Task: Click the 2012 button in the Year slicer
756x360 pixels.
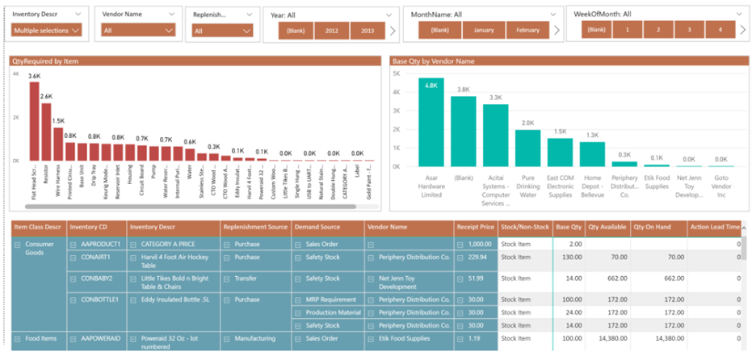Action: pos(331,30)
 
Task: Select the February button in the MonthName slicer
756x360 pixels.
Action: pos(527,30)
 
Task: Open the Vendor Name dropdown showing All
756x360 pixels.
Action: pos(138,31)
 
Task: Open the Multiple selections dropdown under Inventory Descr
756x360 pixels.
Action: pos(47,31)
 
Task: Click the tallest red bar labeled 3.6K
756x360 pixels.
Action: pos(34,121)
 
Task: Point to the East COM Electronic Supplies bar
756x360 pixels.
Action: pos(560,152)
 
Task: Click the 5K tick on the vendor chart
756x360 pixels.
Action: pos(397,73)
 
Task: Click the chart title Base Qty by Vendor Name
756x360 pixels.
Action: pos(432,61)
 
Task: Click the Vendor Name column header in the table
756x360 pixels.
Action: pos(388,227)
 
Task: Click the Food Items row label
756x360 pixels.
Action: pos(40,339)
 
